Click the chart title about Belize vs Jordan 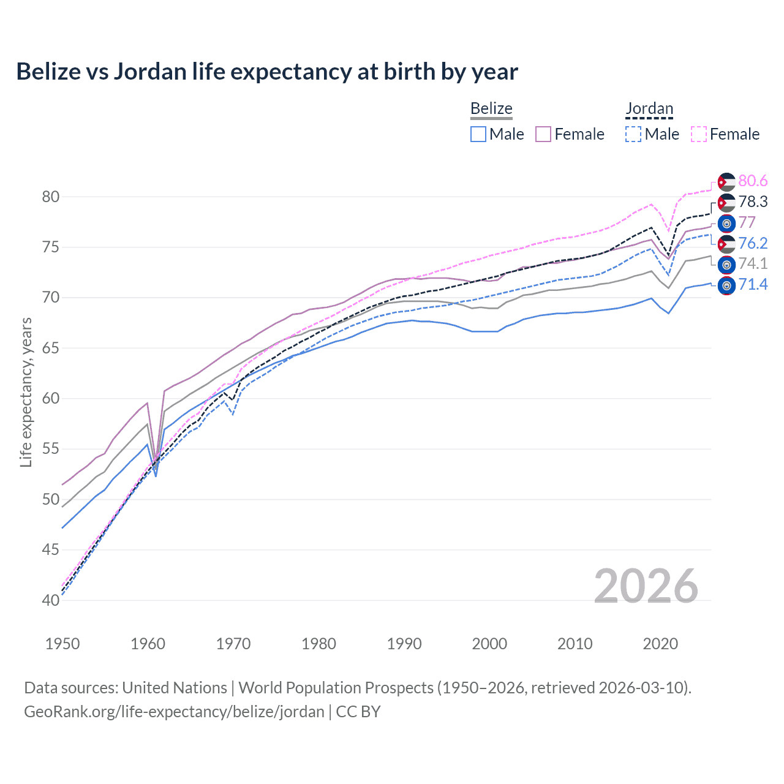pos(267,72)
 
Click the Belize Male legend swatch pos(478,134)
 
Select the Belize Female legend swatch pos(544,134)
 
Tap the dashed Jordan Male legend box pos(633,134)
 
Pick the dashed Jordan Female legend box pos(699,134)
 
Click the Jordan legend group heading pos(649,109)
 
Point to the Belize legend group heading pos(491,109)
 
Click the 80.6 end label pos(753,181)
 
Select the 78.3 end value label pos(753,202)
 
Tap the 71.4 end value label pos(753,285)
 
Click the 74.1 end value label pos(753,264)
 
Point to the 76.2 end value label pos(753,244)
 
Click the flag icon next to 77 pos(726,223)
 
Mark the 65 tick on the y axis pos(51,348)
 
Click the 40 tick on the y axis pos(51,600)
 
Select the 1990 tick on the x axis pos(404,644)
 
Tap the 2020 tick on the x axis pos(660,644)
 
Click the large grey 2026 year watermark pos(646,587)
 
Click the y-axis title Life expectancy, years pos(26,392)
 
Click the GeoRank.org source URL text pos(174,712)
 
